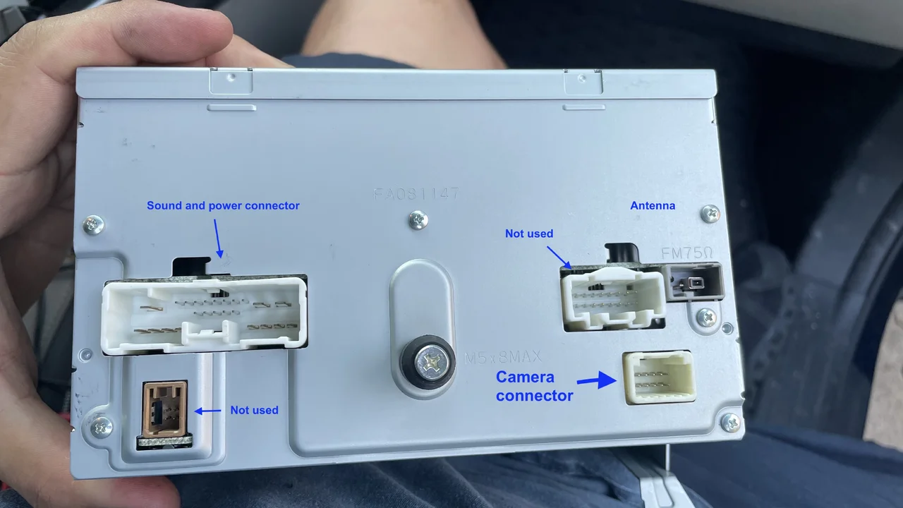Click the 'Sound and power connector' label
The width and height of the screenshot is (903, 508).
tap(223, 205)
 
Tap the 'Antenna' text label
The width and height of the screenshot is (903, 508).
tap(653, 205)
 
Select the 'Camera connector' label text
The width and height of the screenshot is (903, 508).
tap(535, 386)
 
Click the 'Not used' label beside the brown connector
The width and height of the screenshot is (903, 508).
tap(255, 410)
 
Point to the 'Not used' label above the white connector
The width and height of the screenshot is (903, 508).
tap(529, 234)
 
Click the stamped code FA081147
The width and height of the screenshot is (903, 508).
tap(416, 194)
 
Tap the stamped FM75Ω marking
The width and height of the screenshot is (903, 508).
tap(687, 253)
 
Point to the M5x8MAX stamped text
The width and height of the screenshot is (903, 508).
tap(503, 357)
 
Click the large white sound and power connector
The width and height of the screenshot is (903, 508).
tap(205, 315)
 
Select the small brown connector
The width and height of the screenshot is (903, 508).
tap(165, 409)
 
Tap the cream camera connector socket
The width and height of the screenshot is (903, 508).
tap(659, 377)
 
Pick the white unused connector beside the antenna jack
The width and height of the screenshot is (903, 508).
tap(612, 298)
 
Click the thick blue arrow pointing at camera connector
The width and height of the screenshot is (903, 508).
tap(597, 380)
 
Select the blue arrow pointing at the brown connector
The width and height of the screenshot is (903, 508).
tap(207, 411)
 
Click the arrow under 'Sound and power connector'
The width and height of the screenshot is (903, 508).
tap(218, 238)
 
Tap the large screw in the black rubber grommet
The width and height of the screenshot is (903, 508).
tap(430, 362)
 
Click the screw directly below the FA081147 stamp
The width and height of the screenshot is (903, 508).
tap(418, 220)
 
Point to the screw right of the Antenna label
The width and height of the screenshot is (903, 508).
tap(710, 214)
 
